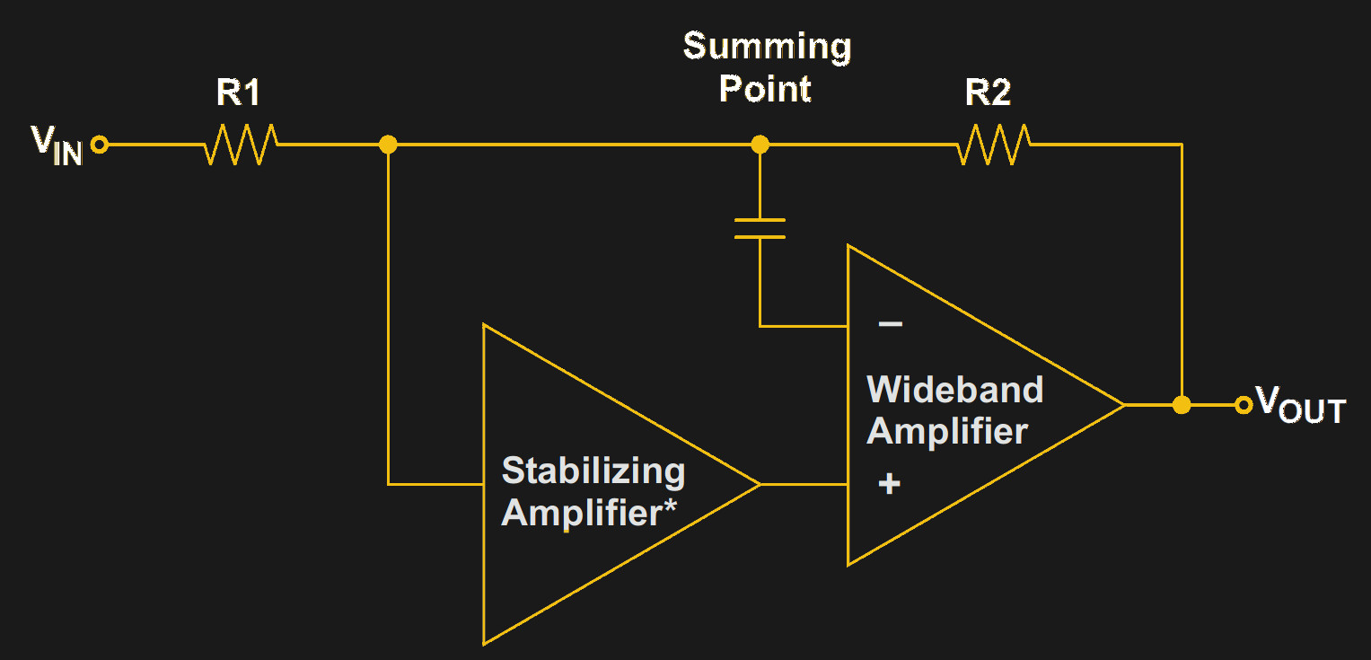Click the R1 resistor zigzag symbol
pyautogui.click(x=241, y=145)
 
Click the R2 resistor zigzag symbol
pyautogui.click(x=994, y=145)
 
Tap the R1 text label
pyautogui.click(x=239, y=92)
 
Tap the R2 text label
pyautogui.click(x=989, y=92)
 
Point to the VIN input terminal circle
pyautogui.click(x=100, y=145)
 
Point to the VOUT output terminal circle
pyautogui.click(x=1244, y=405)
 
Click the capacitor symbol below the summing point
pyautogui.click(x=760, y=228)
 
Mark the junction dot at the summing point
pyautogui.click(x=760, y=145)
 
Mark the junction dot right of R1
pyautogui.click(x=388, y=145)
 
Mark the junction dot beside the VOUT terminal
pyautogui.click(x=1182, y=405)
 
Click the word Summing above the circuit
pyautogui.click(x=767, y=47)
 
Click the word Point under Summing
pyautogui.click(x=766, y=89)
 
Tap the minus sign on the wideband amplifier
pyautogui.click(x=890, y=324)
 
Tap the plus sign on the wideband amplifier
pyautogui.click(x=889, y=485)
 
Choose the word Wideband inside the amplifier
pyautogui.click(x=954, y=390)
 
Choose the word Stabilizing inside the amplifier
pyautogui.click(x=593, y=471)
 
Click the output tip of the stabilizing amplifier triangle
pyautogui.click(x=760, y=485)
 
